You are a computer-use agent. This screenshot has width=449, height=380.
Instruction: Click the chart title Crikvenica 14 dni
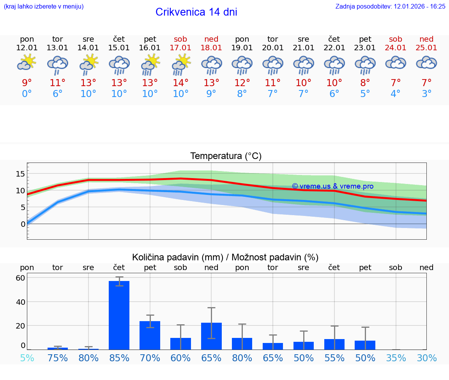196,12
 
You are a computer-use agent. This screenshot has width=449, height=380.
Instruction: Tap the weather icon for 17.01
180,64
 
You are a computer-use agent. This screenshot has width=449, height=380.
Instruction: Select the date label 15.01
119,48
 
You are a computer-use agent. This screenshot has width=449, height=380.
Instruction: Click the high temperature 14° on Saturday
180,83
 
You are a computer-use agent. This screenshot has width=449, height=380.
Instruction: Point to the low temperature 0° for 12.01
27,94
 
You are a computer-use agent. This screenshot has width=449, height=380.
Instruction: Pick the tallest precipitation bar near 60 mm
119,315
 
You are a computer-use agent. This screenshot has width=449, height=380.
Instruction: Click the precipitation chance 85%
119,358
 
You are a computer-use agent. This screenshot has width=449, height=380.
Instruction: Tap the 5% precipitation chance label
27,358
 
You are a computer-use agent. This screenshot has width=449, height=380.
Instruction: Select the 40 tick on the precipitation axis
20,302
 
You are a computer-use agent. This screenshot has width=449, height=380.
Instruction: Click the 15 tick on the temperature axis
20,173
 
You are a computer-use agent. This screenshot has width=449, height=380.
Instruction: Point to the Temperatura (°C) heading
226,156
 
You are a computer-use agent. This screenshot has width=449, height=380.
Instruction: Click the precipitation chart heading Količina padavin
225,257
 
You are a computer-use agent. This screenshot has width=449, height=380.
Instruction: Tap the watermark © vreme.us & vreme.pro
332,186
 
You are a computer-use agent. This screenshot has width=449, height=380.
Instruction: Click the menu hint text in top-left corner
44,6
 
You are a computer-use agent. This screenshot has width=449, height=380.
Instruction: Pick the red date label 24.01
396,48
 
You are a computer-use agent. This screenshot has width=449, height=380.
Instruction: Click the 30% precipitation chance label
426,358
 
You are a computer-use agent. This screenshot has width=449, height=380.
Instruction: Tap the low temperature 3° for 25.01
426,94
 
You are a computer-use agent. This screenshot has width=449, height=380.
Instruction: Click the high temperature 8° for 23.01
365,83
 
